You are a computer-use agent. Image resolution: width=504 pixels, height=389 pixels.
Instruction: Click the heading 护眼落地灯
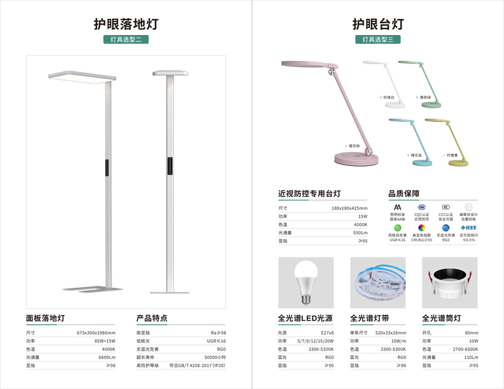coord(126,24)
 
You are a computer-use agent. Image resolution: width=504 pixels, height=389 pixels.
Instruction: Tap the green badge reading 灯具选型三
coord(378,40)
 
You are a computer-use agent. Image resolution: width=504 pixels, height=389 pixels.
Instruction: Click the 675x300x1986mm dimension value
coord(96,333)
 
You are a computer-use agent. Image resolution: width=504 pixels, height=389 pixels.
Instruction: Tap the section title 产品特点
coord(151,318)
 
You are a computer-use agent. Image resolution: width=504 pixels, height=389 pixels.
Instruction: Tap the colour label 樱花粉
coord(353,146)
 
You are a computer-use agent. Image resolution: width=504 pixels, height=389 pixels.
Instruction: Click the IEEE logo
coord(468,228)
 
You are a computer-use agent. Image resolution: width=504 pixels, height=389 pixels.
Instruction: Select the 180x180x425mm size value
coord(349,208)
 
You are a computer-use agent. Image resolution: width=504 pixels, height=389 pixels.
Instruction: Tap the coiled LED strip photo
coord(377,281)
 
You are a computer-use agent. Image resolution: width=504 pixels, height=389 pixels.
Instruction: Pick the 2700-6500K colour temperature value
coord(465,349)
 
